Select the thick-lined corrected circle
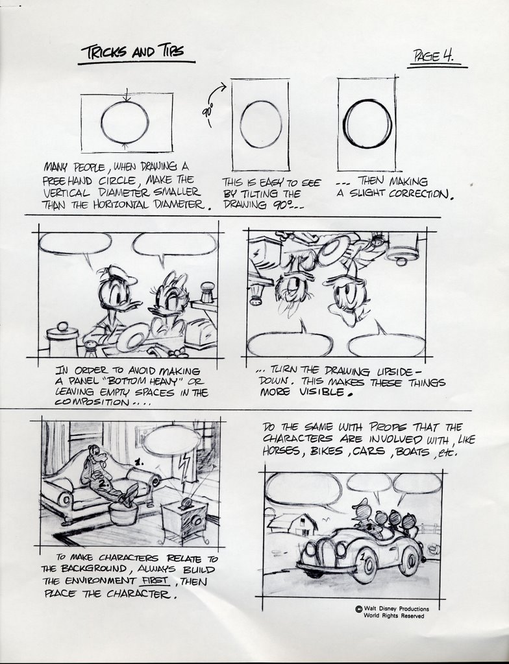point(367,124)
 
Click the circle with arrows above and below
point(125,121)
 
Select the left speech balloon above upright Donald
point(75,243)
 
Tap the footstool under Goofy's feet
point(123,513)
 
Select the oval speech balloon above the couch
point(171,440)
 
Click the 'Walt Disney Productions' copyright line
point(396,608)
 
